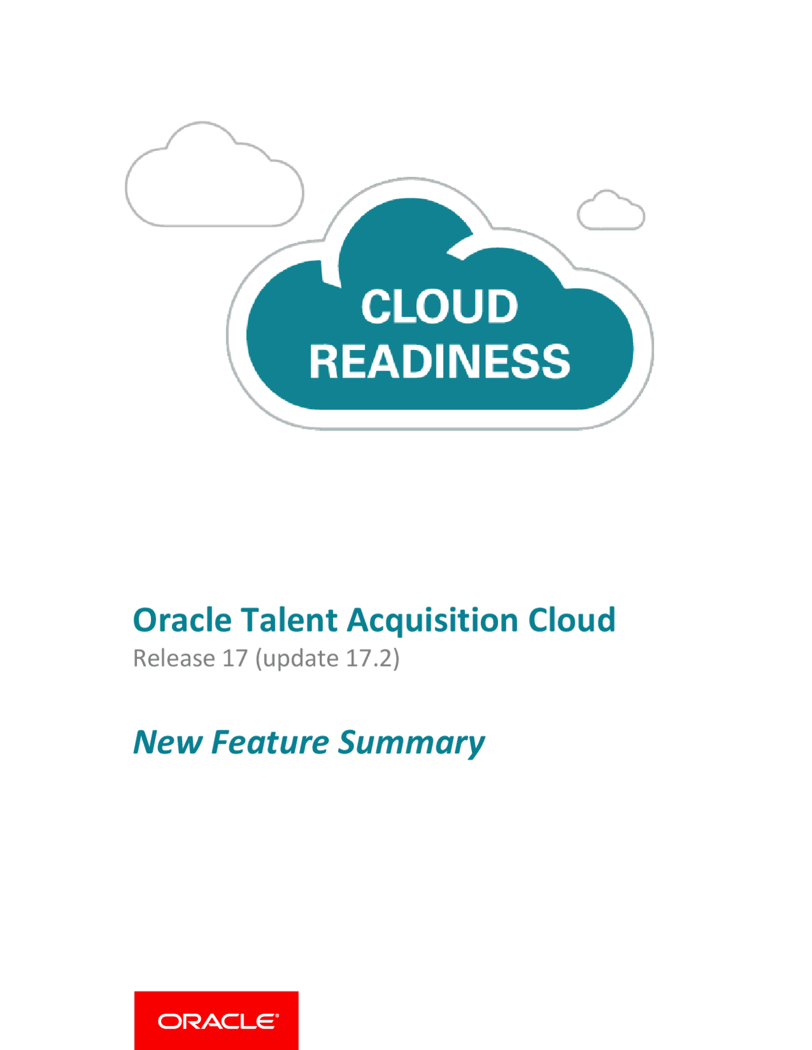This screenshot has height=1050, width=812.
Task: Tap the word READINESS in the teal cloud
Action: pyautogui.click(x=440, y=361)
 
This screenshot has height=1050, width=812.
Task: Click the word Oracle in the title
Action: pyautogui.click(x=182, y=620)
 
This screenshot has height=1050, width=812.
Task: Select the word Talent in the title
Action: pyautogui.click(x=289, y=620)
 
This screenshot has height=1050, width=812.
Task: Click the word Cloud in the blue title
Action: pyautogui.click(x=572, y=620)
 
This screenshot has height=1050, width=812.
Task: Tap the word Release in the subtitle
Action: pyautogui.click(x=174, y=658)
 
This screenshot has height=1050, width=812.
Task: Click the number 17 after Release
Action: pyautogui.click(x=235, y=658)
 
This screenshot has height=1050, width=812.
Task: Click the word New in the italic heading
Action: pyautogui.click(x=167, y=742)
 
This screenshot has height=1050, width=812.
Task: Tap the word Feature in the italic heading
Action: pyautogui.click(x=270, y=742)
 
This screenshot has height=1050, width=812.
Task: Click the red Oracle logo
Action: pyautogui.click(x=216, y=1021)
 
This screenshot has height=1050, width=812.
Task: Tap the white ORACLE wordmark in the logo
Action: pyautogui.click(x=218, y=1021)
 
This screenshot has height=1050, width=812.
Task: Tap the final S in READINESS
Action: pyautogui.click(x=556, y=361)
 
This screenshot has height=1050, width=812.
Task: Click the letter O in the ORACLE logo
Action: pyautogui.click(x=167, y=1021)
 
